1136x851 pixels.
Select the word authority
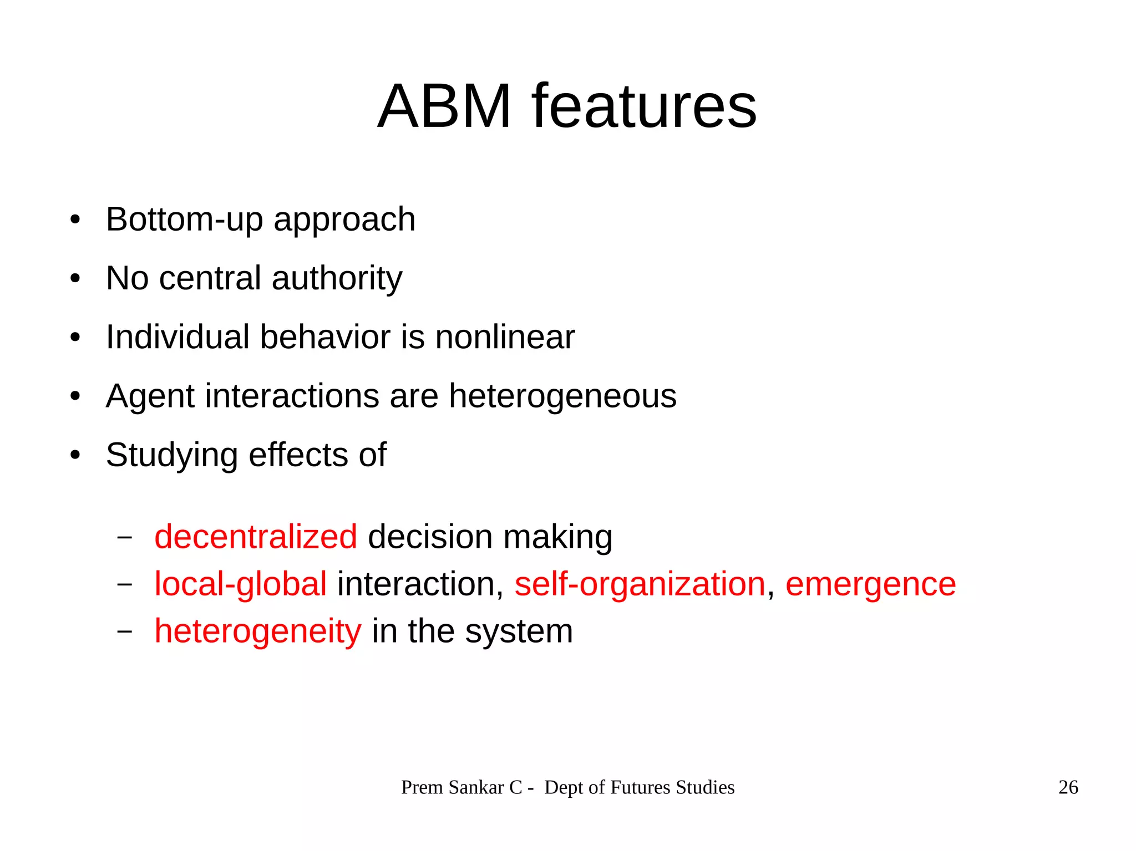337,278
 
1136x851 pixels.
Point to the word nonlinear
505,337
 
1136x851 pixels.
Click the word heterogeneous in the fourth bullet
562,396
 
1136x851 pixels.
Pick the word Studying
172,456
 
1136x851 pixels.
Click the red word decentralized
256,537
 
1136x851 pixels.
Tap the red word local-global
240,584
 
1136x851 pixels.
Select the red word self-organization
640,584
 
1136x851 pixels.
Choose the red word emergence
870,584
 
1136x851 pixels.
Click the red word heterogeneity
257,631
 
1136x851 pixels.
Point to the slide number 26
1068,787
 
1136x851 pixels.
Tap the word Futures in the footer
640,787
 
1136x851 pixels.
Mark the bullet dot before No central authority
75,278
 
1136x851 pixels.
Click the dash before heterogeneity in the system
125,631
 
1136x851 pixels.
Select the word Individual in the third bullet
177,337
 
